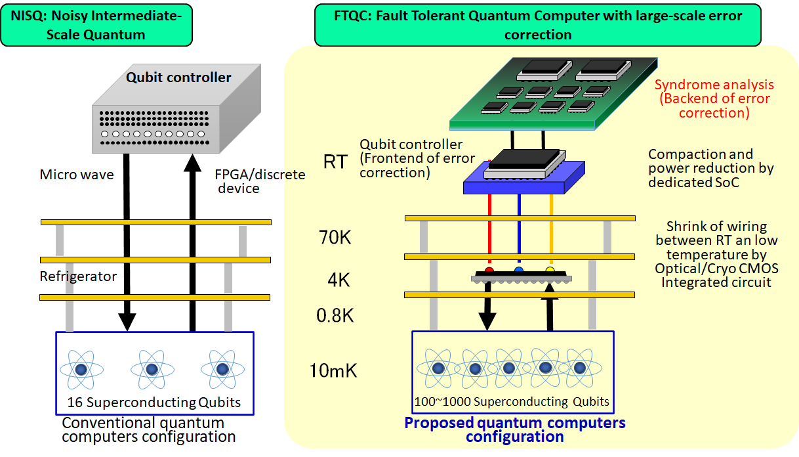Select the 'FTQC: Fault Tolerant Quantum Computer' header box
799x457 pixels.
(537, 24)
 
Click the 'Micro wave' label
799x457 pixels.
(77, 175)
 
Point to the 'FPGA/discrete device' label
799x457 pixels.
(260, 182)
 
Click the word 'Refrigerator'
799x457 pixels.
(78, 276)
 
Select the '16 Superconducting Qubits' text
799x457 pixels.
(154, 403)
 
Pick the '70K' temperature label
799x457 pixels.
(334, 237)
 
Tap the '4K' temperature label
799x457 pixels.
(338, 280)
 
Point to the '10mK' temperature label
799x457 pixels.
(333, 371)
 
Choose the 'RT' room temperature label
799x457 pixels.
(335, 162)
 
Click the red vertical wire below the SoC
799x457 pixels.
(489, 230)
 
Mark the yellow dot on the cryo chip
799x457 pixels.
(550, 271)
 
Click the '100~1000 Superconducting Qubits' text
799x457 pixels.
(512, 402)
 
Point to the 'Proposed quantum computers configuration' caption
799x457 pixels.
(515, 430)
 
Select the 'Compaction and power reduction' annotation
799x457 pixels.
(710, 168)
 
